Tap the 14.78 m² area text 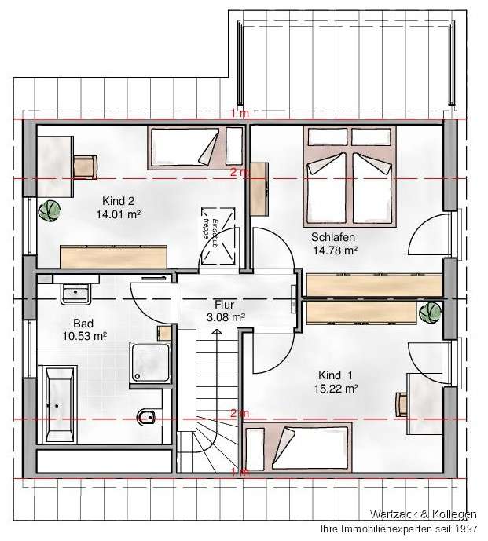click(x=336, y=250)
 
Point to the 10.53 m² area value click(x=84, y=335)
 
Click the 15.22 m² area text click(x=339, y=388)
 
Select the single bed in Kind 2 click(x=185, y=146)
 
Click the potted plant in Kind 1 click(x=430, y=312)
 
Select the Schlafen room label click(x=333, y=237)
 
